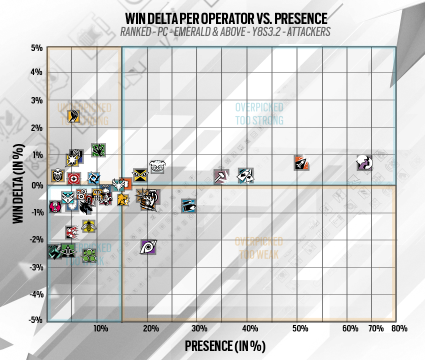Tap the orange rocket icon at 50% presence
(x=301, y=162)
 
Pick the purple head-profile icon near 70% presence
(x=364, y=162)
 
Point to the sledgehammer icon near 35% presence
(x=221, y=176)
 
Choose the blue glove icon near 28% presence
(x=188, y=204)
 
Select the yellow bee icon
(x=89, y=226)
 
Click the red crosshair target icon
(x=73, y=178)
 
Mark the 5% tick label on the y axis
(x=36, y=48)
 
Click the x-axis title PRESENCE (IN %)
(x=225, y=346)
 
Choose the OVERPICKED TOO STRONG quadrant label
(x=259, y=114)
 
